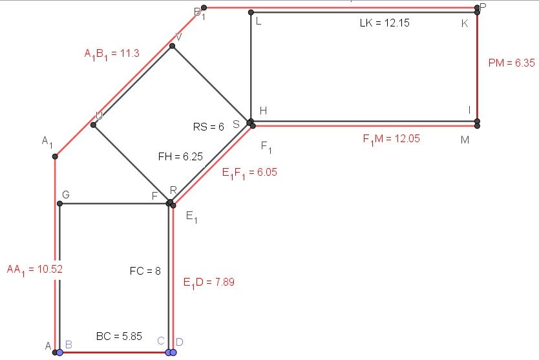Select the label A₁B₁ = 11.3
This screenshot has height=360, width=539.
[112, 54]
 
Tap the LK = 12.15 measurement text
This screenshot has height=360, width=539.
[385, 23]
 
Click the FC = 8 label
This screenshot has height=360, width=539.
[145, 271]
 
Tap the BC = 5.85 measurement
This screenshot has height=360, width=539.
[112, 337]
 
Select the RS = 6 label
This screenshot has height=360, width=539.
[208, 127]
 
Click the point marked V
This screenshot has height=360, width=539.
[172, 46]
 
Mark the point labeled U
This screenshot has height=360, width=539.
[94, 125]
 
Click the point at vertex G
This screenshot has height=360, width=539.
[59, 204]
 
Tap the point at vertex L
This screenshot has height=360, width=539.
[251, 12]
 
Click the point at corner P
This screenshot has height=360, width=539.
[477, 8]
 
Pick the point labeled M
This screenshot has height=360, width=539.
[477, 126]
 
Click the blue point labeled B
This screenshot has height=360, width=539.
[59, 352]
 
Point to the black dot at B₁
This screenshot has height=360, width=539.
[204, 8]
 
